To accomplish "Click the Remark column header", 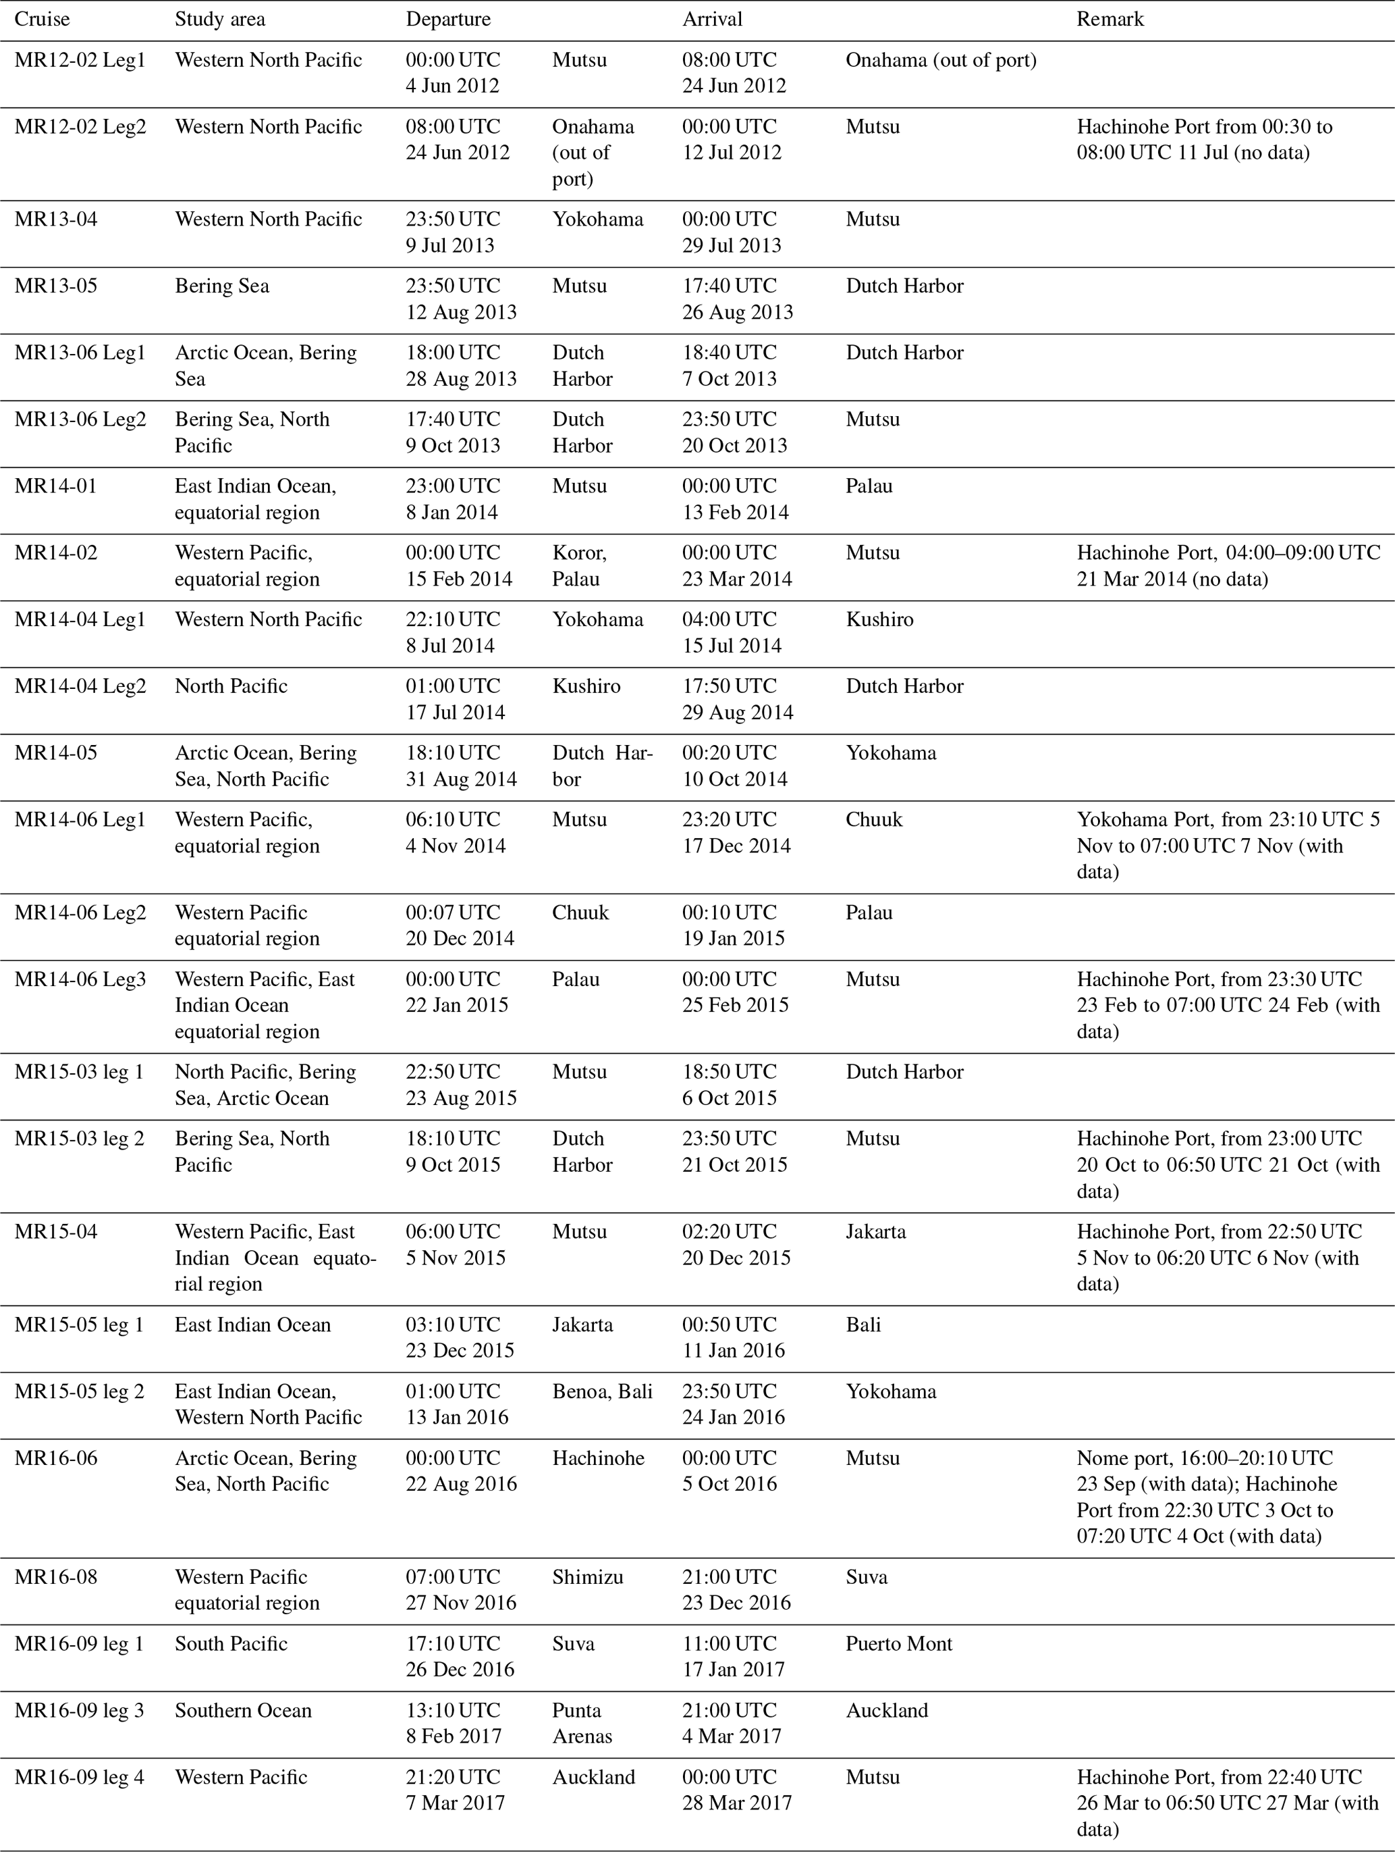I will pos(1110,20).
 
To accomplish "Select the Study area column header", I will pos(219,20).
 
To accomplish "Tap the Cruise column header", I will pos(42,20).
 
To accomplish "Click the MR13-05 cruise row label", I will pos(56,286).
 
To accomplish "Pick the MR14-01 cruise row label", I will pos(56,486).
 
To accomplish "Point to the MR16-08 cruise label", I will pos(56,1576).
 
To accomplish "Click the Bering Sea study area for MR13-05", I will pos(222,286).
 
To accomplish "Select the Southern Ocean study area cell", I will pos(243,1711).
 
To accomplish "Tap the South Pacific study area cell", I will pos(231,1643).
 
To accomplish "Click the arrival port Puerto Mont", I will pos(899,1643).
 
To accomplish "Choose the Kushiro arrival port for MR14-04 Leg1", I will pos(879,619).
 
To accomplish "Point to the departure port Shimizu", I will pos(587,1576).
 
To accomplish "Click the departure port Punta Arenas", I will pos(582,1723).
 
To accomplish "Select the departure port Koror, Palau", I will pos(579,566).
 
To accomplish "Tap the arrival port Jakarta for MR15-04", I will pos(875,1231).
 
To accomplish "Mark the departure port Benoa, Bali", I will pos(602,1391).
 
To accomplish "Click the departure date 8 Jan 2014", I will pos(452,513).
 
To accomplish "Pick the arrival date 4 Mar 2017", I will pos(732,1737).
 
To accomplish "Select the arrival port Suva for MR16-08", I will pos(866,1576).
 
